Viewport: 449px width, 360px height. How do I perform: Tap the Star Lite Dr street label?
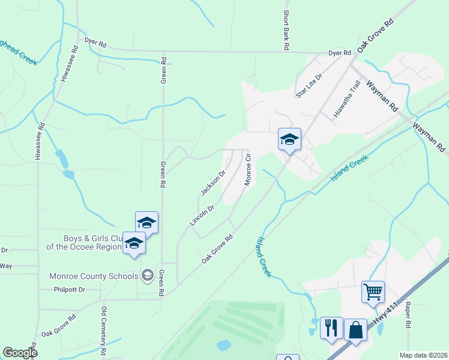pyautogui.click(x=310, y=85)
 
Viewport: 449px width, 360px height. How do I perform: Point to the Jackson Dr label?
pyautogui.click(x=212, y=182)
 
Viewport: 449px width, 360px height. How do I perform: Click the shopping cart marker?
pyautogui.click(x=373, y=293)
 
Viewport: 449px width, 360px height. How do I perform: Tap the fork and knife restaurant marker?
pyautogui.click(x=331, y=328)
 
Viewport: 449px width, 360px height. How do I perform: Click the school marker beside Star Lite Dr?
pyautogui.click(x=289, y=140)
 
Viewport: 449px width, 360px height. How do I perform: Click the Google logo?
pyautogui.click(x=20, y=353)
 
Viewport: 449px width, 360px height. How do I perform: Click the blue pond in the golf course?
pyautogui.click(x=223, y=345)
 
